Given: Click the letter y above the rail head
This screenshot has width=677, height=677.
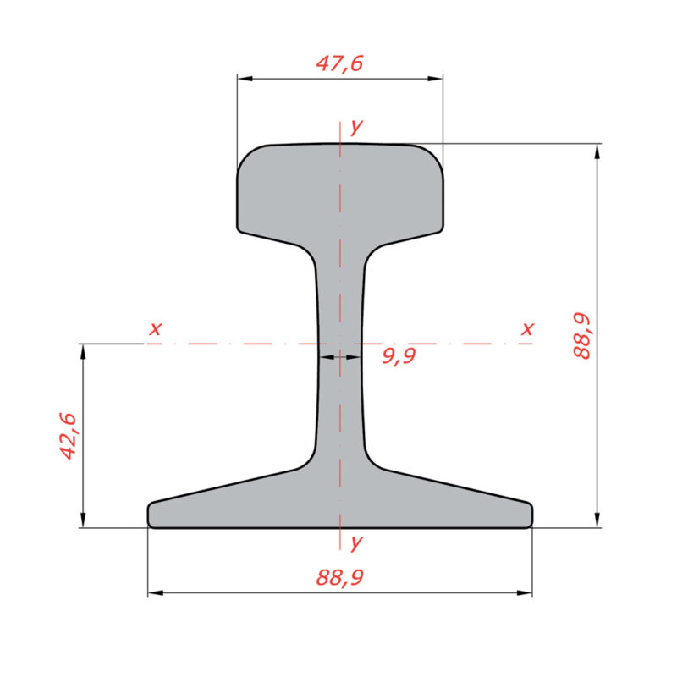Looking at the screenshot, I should pyautogui.click(x=356, y=127).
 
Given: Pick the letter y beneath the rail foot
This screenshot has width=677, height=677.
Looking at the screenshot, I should pyautogui.click(x=356, y=542).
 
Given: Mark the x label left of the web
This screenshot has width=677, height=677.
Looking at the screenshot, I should pyautogui.click(x=154, y=328).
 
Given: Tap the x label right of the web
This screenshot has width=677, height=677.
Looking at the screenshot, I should pyautogui.click(x=528, y=328).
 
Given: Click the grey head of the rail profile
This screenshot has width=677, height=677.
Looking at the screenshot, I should pyautogui.click(x=339, y=190).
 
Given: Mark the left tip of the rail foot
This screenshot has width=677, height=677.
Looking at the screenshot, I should pyautogui.click(x=151, y=515).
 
